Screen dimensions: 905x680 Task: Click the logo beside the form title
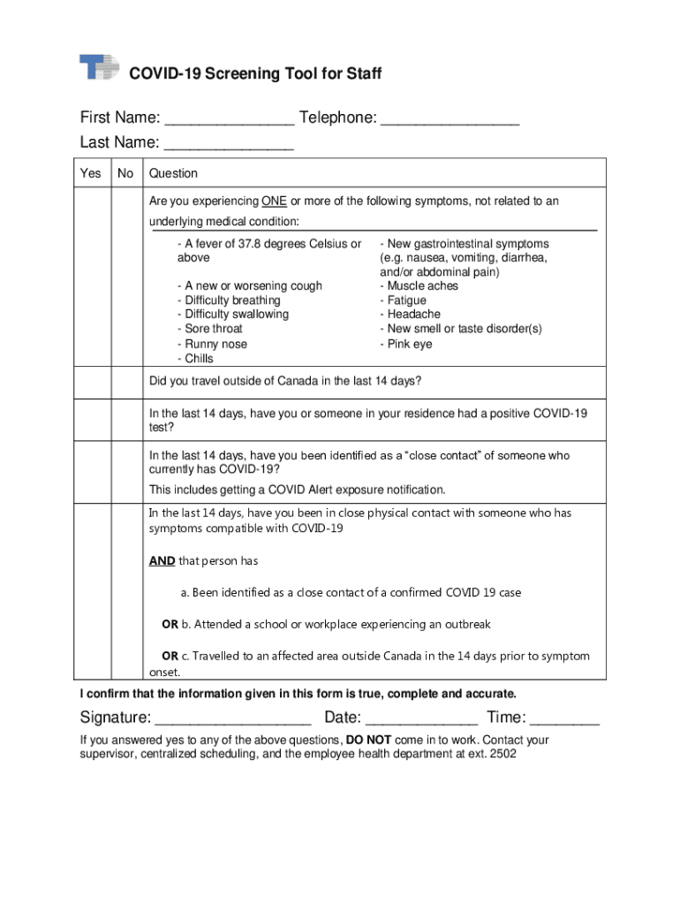coord(99,68)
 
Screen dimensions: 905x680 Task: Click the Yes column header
coord(91,173)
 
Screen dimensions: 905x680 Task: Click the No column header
coord(125,173)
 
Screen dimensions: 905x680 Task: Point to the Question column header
coord(173,173)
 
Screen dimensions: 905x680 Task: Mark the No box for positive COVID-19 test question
coord(125,419)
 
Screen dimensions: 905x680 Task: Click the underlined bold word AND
coord(162,561)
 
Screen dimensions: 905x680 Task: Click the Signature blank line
coord(233,719)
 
